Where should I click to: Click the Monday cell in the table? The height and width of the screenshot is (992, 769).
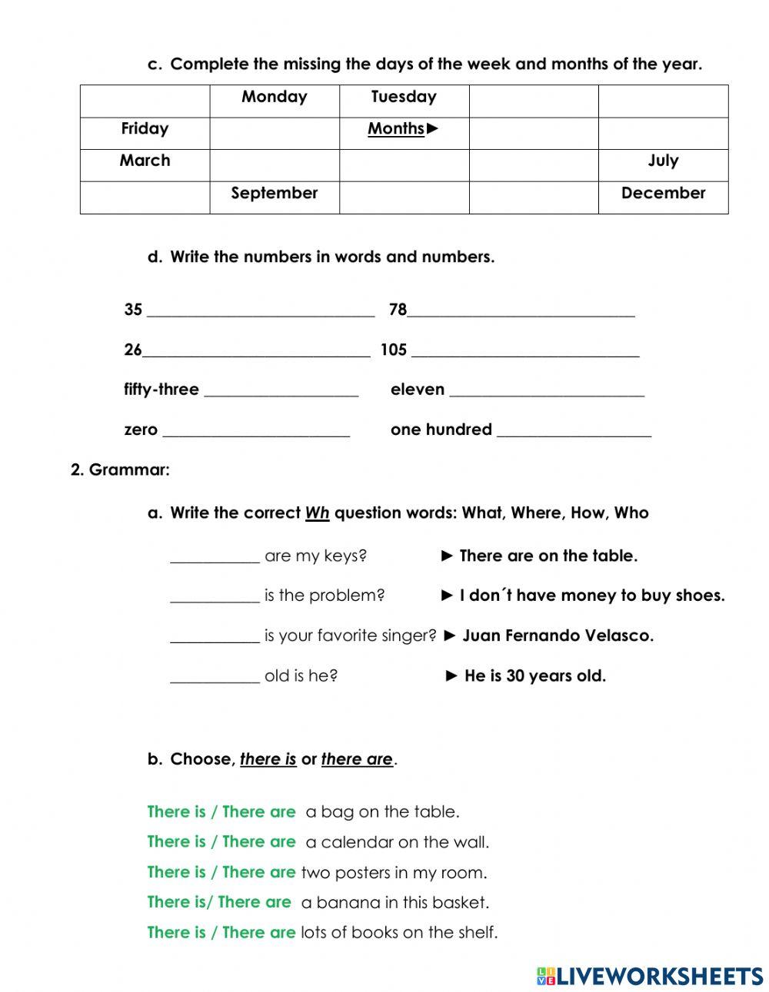pyautogui.click(x=275, y=97)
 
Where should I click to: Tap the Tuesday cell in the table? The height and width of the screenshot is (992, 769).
pyautogui.click(x=404, y=97)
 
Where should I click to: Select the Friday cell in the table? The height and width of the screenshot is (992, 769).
pyautogui.click(x=145, y=129)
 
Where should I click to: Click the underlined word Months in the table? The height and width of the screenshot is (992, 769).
pyautogui.click(x=396, y=129)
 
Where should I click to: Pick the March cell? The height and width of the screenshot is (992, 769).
pyautogui.click(x=145, y=161)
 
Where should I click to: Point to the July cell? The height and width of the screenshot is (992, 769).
pyautogui.click(x=663, y=161)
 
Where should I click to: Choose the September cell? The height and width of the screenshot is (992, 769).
pyautogui.click(x=275, y=193)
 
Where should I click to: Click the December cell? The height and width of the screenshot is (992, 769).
pyautogui.click(x=663, y=193)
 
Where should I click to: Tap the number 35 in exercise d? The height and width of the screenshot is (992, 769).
pyautogui.click(x=133, y=310)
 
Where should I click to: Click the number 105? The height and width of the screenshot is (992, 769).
pyautogui.click(x=393, y=350)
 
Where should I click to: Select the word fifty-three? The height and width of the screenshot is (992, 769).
pyautogui.click(x=161, y=390)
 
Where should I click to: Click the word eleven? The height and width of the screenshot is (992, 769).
pyautogui.click(x=418, y=390)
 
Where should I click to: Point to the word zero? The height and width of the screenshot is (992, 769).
pyautogui.click(x=141, y=430)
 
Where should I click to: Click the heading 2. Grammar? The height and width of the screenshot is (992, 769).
pyautogui.click(x=120, y=469)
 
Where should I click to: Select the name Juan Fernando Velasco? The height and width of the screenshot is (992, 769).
pyautogui.click(x=558, y=636)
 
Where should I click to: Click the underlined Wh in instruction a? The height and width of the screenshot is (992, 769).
pyautogui.click(x=317, y=513)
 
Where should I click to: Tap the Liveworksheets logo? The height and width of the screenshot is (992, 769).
pyautogui.click(x=650, y=976)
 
